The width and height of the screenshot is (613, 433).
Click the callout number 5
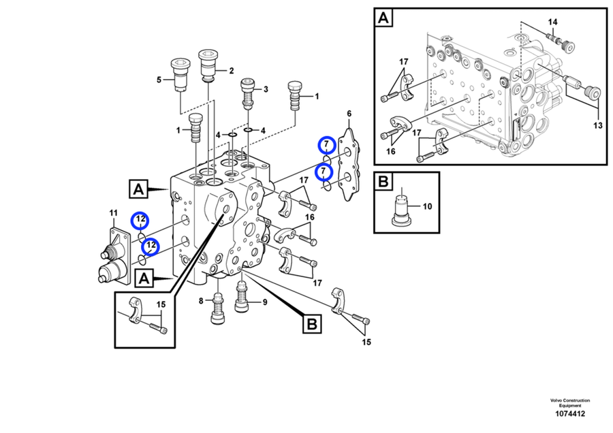pyautogui.click(x=159, y=80)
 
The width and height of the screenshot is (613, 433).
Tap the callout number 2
pyautogui.click(x=231, y=70)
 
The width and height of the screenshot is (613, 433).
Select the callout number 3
pyautogui.click(x=266, y=89)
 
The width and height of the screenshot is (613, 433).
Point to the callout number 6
pyautogui.click(x=349, y=113)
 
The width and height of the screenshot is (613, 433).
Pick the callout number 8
pyautogui.click(x=201, y=300)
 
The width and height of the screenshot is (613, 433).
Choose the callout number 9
pyautogui.click(x=264, y=302)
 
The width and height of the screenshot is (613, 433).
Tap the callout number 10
pyautogui.click(x=428, y=205)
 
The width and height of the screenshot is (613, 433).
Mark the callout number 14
pyautogui.click(x=553, y=22)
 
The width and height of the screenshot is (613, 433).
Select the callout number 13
pyautogui.click(x=597, y=125)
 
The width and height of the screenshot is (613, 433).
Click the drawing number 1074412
pyautogui.click(x=571, y=414)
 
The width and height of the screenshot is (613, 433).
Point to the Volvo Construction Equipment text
pyautogui.click(x=571, y=403)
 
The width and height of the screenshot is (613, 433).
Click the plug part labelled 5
pyautogui.click(x=181, y=74)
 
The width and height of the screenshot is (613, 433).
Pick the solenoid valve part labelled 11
pyautogui.click(x=114, y=259)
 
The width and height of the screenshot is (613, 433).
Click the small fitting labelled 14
pyautogui.click(x=561, y=41)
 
